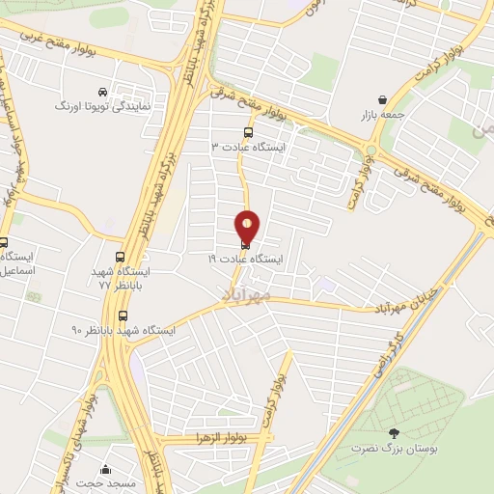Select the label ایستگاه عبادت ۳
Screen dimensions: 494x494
point(249,147)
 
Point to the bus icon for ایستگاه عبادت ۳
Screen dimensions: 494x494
point(249,132)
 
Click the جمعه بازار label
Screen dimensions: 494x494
point(382,114)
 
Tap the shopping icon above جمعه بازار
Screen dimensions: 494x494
point(383,99)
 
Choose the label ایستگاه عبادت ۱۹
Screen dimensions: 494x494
point(246,260)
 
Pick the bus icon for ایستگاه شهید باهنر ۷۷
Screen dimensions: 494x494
point(121,258)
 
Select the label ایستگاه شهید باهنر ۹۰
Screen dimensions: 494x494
point(123,330)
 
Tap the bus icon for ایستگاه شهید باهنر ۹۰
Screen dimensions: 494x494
point(123,316)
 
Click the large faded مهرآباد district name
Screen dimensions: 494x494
point(251,293)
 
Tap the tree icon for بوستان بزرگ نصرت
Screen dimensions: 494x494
point(393,434)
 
